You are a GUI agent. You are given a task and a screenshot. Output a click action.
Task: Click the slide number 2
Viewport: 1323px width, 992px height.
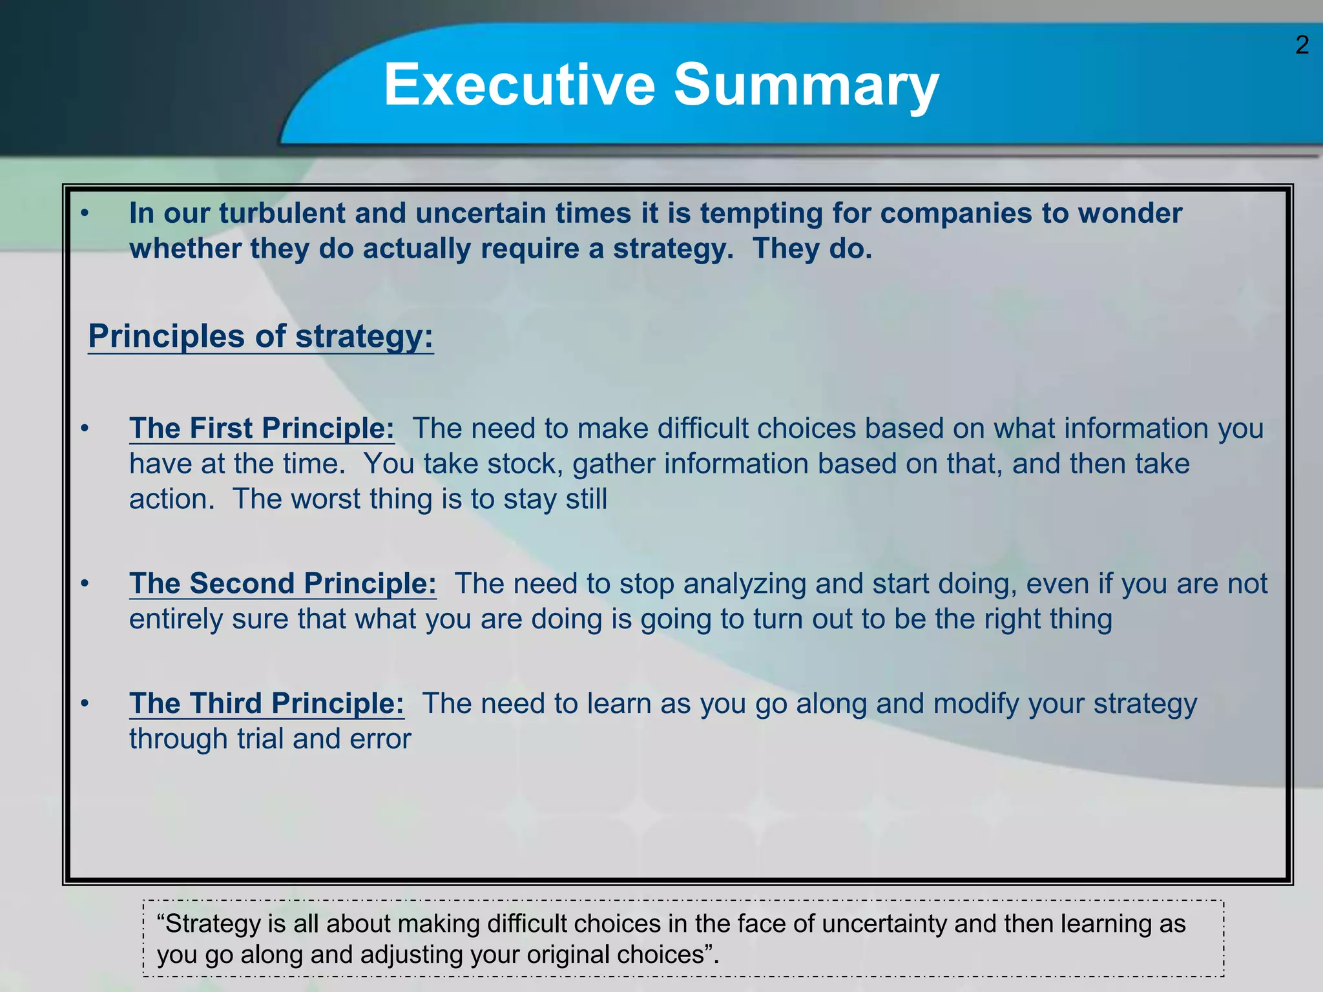click(x=1302, y=45)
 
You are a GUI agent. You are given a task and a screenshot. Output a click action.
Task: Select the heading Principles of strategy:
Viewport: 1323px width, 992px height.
click(x=260, y=336)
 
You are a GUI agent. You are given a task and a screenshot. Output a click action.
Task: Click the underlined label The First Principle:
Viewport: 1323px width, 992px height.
click(x=262, y=428)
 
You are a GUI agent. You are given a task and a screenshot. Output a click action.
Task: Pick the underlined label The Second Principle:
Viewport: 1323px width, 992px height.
click(x=282, y=583)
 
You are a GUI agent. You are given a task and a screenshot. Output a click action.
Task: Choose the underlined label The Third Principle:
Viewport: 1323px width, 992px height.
click(x=266, y=703)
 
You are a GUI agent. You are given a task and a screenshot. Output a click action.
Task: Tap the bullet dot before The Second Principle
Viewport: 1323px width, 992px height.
click(x=84, y=584)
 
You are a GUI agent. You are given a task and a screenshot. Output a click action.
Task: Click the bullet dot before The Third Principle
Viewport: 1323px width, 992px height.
click(x=84, y=703)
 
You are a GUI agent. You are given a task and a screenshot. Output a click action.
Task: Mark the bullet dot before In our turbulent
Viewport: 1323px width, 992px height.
click(x=84, y=213)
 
